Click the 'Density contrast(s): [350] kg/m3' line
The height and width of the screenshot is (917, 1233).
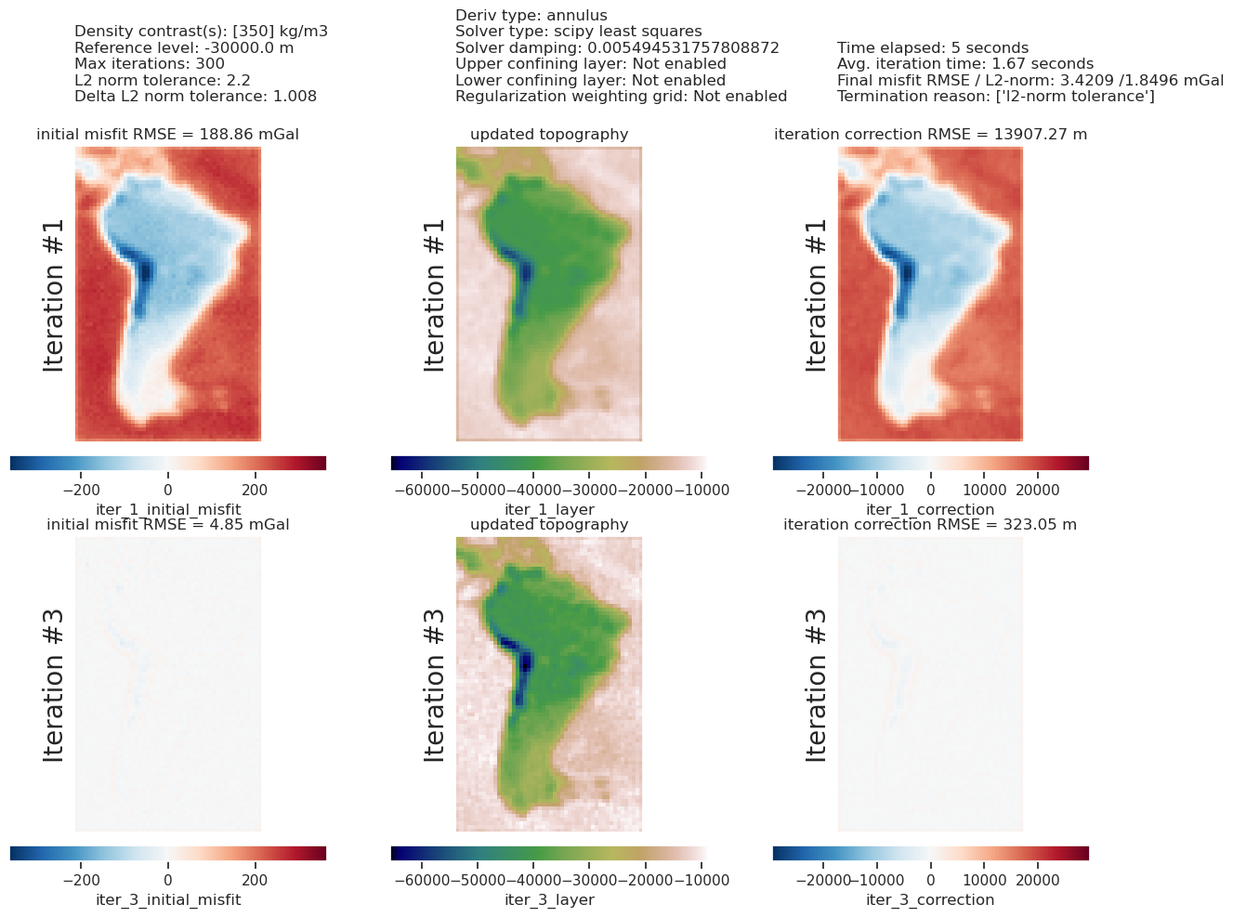point(201,32)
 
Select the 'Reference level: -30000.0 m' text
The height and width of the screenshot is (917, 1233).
point(184,47)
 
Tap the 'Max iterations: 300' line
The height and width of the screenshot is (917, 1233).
point(150,64)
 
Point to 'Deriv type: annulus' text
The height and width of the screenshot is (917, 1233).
point(531,16)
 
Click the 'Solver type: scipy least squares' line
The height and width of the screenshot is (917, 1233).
point(578,32)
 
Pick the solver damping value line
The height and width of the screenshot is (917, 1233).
point(617,47)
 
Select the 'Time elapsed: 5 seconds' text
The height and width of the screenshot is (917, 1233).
point(932,47)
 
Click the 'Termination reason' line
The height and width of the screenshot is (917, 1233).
point(996,97)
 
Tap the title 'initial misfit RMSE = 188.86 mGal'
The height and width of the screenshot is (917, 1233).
point(167,135)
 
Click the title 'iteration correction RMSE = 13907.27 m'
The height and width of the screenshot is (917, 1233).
point(930,135)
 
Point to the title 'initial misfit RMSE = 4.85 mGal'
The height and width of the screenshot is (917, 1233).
point(167,525)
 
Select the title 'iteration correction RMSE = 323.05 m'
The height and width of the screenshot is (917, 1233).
point(929,525)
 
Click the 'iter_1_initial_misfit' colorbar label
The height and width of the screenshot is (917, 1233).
point(168,509)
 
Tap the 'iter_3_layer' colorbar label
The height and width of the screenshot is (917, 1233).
point(549,899)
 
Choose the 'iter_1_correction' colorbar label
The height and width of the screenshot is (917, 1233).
point(929,509)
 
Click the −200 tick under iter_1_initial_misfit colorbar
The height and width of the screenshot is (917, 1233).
point(81,490)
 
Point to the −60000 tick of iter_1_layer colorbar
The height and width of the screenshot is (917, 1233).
point(422,490)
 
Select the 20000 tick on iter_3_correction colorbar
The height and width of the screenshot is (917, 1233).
point(1037,880)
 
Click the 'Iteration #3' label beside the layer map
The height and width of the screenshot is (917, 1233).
point(434,685)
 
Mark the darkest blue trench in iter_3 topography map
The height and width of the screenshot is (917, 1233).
point(524,664)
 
